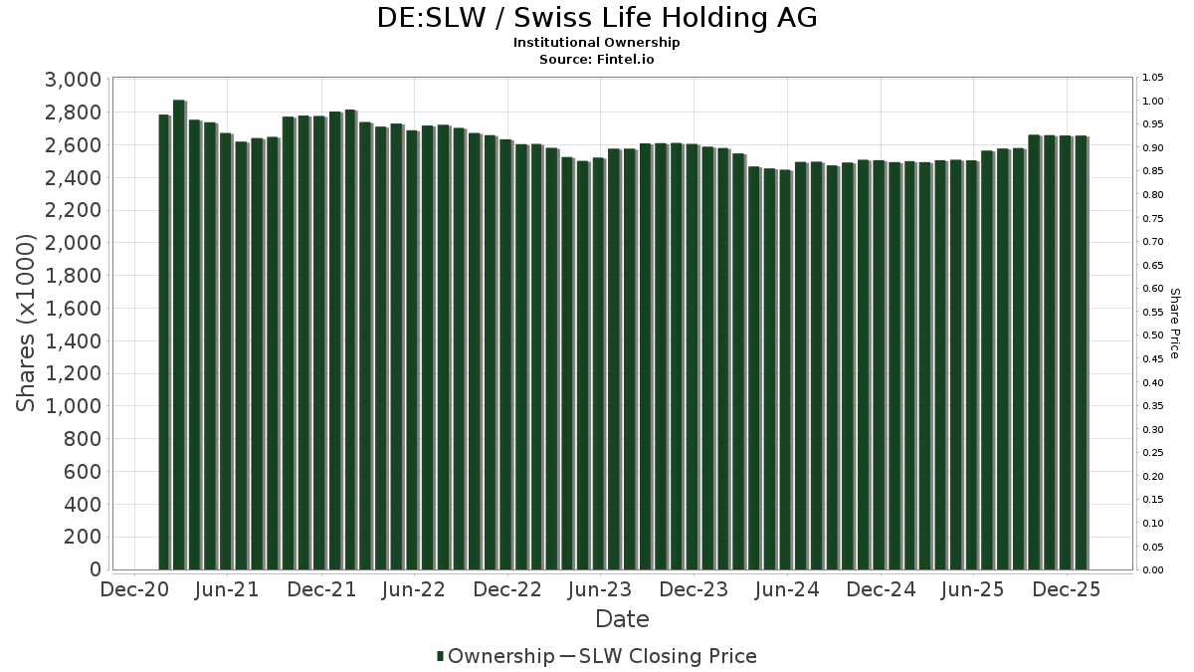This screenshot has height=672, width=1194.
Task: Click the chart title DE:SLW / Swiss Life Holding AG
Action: (597, 18)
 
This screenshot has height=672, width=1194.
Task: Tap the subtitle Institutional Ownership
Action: (597, 43)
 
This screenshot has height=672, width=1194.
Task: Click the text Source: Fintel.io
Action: (597, 59)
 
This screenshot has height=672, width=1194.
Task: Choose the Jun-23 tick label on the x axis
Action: (600, 589)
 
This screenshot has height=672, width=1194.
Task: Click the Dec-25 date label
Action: (1067, 589)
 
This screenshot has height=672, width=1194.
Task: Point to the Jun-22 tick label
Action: (414, 589)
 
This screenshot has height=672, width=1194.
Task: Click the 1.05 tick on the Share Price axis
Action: (1152, 78)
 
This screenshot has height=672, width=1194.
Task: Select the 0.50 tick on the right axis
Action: (1152, 336)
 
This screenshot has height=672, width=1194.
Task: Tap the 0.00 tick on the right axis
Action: (1152, 570)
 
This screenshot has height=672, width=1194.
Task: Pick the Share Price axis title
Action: (1174, 323)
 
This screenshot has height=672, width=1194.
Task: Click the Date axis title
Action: (622, 619)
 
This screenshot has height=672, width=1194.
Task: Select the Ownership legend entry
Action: (496, 656)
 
